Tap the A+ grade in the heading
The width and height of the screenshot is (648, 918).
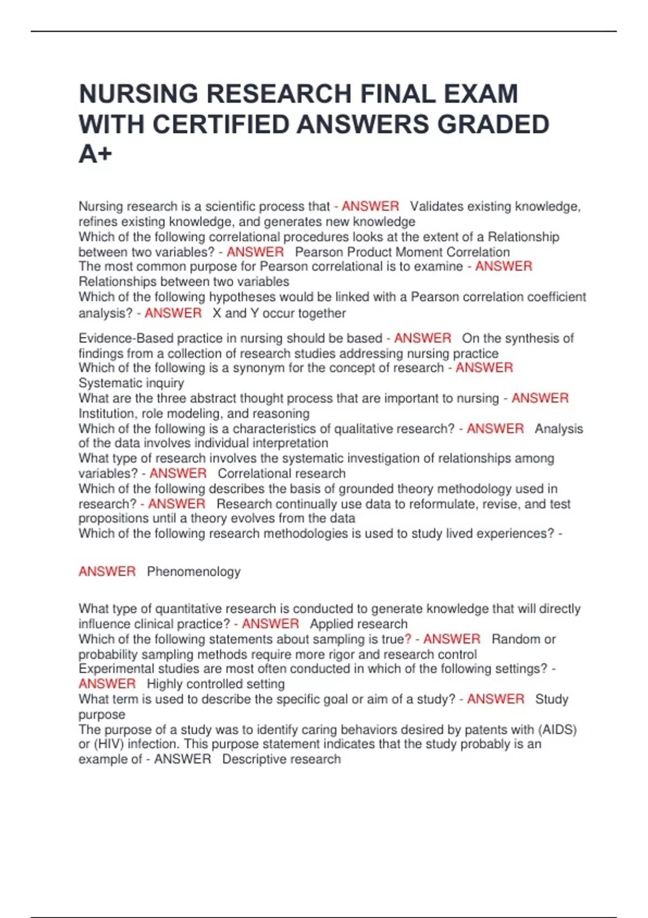tap(95, 154)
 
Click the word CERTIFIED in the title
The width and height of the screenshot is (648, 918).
tap(220, 124)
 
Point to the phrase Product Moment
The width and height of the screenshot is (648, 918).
tap(400, 252)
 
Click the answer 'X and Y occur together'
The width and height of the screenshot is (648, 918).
tap(279, 313)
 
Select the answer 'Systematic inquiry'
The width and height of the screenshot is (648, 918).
tap(131, 383)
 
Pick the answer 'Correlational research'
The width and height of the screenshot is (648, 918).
tap(281, 474)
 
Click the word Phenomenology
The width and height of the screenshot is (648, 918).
tap(193, 571)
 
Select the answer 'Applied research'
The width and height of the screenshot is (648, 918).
tap(359, 624)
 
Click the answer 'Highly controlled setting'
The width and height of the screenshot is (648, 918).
tap(215, 684)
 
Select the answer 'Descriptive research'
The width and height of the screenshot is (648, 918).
tap(281, 759)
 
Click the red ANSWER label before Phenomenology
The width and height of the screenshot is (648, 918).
tap(107, 571)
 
